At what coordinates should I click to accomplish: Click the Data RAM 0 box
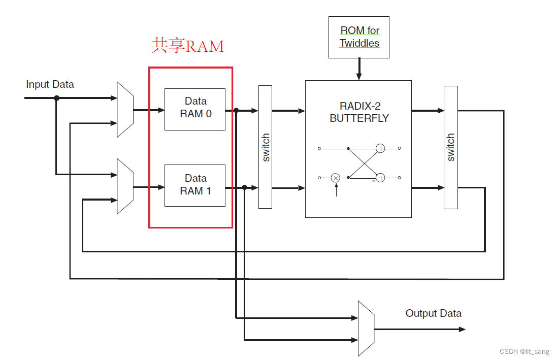195,109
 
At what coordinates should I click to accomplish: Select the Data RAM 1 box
195,185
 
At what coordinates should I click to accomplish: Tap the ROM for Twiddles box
359,37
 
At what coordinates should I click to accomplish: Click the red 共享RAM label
187,46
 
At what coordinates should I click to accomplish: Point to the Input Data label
50,84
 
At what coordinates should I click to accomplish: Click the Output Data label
433,313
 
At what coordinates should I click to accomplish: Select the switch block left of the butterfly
265,147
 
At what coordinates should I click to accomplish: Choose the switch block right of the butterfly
450,147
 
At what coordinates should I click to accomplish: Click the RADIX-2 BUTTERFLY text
359,112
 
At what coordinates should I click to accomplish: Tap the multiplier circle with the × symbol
336,178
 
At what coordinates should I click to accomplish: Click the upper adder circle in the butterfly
380,148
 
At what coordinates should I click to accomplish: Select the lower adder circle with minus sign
380,178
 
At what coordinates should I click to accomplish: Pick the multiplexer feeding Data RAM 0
125,109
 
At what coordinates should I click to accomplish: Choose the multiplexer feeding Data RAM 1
125,186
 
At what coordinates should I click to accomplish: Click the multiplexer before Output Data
366,329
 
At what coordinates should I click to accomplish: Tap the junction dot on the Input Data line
56,97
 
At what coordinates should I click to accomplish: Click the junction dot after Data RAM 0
236,110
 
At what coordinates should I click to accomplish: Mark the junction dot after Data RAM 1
244,187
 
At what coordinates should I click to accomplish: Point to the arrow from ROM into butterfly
359,69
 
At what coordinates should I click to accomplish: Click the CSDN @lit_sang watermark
524,352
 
